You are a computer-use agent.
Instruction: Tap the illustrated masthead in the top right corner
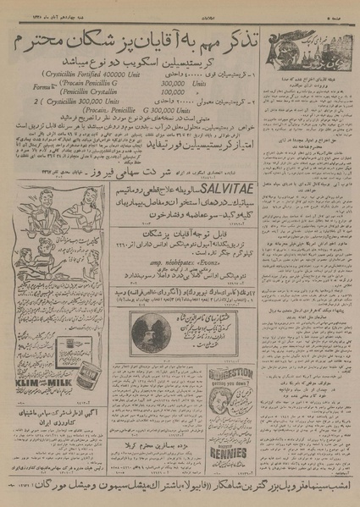click(313, 53)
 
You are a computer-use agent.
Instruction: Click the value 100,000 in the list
click(174, 94)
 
